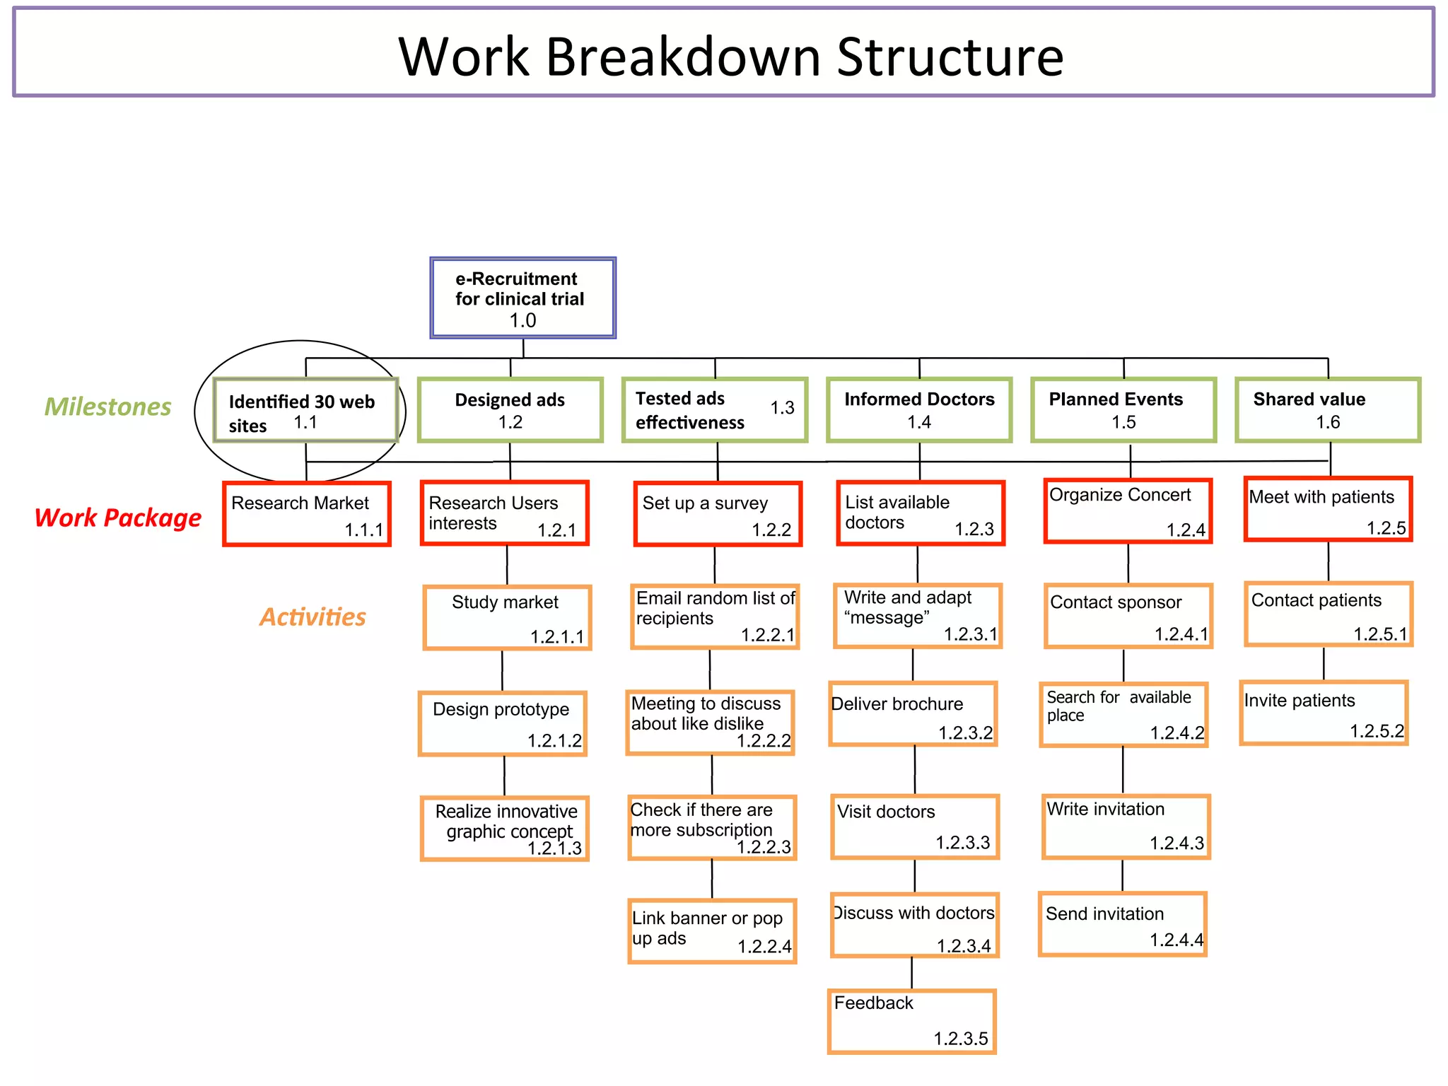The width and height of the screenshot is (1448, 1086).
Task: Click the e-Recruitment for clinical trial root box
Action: (522, 298)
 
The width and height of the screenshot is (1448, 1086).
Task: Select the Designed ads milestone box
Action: (510, 410)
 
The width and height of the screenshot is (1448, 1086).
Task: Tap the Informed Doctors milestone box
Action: (918, 410)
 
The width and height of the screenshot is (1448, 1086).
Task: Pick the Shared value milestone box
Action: (1327, 410)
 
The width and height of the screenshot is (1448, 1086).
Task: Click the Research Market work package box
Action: (307, 514)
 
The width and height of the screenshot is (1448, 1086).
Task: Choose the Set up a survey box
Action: (718, 514)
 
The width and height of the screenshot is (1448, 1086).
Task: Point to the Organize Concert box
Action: (1128, 511)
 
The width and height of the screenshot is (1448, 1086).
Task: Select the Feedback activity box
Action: (911, 1021)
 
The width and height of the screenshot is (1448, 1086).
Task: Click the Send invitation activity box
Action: (1122, 924)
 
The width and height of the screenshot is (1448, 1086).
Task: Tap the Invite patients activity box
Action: (1324, 713)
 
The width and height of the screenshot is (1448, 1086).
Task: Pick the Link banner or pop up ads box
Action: (712, 930)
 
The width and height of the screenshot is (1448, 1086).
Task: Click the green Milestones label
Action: (107, 407)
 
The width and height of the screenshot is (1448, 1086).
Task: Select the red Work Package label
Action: (118, 518)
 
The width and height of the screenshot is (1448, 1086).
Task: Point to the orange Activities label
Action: (313, 617)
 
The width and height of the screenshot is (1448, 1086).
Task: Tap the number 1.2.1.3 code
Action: (554, 848)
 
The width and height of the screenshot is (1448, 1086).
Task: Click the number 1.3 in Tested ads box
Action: (782, 408)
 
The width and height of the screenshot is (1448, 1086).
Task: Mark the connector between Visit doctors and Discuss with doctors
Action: (914, 876)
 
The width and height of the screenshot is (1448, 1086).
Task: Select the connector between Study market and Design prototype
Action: (502, 670)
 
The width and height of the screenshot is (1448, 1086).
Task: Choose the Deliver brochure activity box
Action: (913, 714)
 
